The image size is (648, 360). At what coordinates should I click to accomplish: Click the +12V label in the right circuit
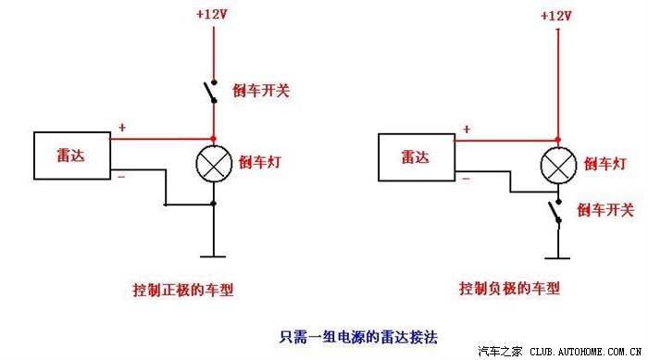coord(557,16)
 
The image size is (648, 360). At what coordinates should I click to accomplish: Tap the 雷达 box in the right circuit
coord(417,156)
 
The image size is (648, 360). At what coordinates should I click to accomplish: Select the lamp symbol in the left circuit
coord(214,165)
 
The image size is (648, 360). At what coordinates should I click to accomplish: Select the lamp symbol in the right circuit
coord(557,166)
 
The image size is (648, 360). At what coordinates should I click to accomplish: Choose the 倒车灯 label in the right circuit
coord(603,164)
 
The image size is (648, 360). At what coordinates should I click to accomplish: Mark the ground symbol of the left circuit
coord(214,254)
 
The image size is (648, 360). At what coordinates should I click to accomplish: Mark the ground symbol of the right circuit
coord(557,254)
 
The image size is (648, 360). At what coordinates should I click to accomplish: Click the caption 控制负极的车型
coord(510,289)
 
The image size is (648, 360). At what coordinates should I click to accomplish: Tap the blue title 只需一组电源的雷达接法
coord(344,337)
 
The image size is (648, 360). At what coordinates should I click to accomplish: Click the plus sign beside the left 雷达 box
coord(121,129)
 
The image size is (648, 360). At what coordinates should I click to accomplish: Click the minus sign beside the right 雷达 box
coord(466,177)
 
